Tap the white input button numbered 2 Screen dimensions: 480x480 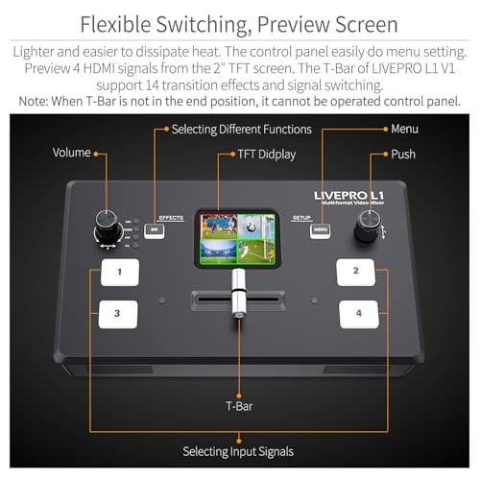pos(356,273)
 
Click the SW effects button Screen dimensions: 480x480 pos(156,229)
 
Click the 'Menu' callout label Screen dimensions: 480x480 pos(404,128)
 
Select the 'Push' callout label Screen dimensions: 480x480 pos(404,154)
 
